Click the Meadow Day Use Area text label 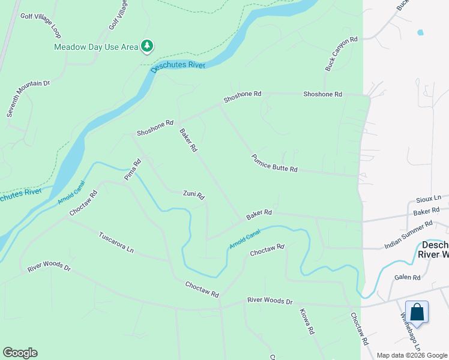[x=96, y=46]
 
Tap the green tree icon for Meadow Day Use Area [x=146, y=46]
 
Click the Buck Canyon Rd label [x=342, y=54]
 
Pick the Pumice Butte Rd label [x=274, y=162]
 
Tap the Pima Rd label [x=133, y=170]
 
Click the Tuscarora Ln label [x=116, y=241]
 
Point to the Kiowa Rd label [x=307, y=322]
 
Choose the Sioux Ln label [x=429, y=198]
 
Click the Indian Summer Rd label [x=408, y=235]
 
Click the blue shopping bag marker [x=417, y=313]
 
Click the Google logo [x=20, y=353]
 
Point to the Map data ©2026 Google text [x=412, y=355]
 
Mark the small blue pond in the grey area [x=420, y=32]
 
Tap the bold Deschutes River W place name [x=433, y=250]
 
